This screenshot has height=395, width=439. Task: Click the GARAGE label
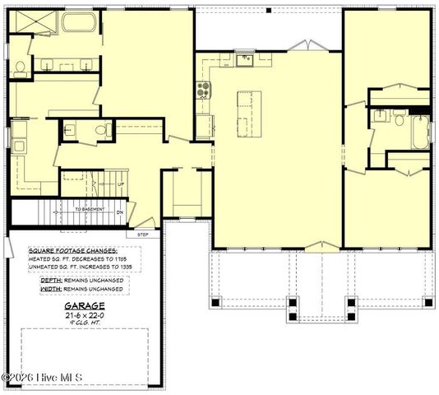[x=78, y=304]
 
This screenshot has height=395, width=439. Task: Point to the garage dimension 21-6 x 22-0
[x=78, y=314]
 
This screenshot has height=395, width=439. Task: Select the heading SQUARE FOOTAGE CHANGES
[x=73, y=250]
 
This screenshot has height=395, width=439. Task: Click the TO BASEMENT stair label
[x=90, y=210]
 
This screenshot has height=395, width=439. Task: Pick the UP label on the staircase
[x=120, y=184]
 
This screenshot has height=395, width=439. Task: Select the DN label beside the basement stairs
[x=119, y=211]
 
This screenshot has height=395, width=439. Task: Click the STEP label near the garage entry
[x=142, y=235]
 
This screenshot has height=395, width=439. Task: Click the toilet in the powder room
[x=103, y=130]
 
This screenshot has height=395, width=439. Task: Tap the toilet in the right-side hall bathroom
[x=399, y=120]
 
